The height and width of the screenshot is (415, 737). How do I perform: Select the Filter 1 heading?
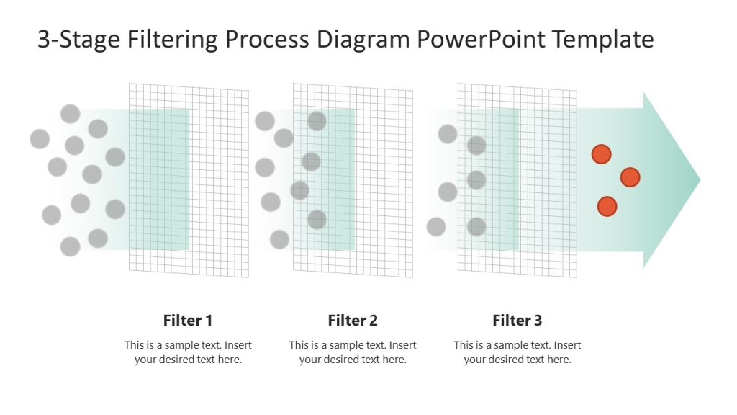pos(188,321)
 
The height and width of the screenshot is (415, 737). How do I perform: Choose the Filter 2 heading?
pos(353,321)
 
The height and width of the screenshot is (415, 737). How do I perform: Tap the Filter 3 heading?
pos(517,321)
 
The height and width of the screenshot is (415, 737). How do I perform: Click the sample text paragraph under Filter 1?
pos(188,352)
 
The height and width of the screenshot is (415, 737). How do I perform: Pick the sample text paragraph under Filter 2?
pos(353,352)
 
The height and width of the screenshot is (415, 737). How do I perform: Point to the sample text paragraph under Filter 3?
pos(517,352)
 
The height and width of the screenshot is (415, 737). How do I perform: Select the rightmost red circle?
pos(630,177)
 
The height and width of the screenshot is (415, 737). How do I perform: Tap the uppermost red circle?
pos(601,154)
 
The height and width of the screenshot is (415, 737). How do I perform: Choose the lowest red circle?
pos(607,206)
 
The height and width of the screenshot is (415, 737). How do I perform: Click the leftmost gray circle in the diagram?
pos(40,139)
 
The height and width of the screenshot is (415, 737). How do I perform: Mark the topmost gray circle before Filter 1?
pos(70,114)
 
